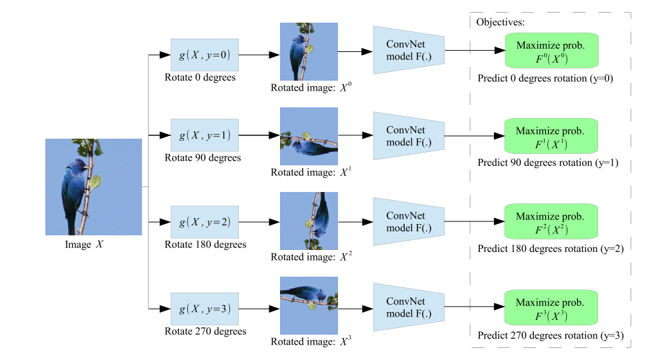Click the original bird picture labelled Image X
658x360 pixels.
click(93, 187)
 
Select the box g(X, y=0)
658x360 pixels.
click(204, 55)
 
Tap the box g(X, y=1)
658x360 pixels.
click(204, 135)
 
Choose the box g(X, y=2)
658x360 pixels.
click(204, 221)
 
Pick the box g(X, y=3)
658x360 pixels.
click(204, 308)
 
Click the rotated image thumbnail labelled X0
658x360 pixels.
click(308, 52)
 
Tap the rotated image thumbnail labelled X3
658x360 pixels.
click(308, 305)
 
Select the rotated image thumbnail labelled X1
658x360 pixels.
click(308, 137)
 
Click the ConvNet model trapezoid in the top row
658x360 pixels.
click(408, 50)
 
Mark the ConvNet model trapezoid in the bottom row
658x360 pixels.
click(408, 307)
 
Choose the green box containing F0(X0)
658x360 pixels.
click(549, 51)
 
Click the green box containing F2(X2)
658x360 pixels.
click(549, 223)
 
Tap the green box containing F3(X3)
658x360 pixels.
click(549, 308)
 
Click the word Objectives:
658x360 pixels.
click(500, 22)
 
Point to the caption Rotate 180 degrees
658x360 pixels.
click(205, 245)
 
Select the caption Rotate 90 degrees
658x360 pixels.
click(203, 158)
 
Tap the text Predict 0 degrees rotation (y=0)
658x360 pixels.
click(545, 78)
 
